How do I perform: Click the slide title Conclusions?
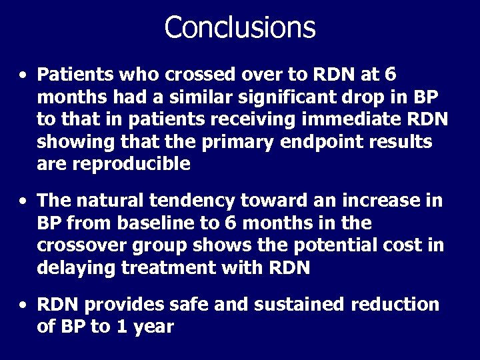pyautogui.click(x=239, y=27)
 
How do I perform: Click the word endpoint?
pyautogui.click(x=339, y=142)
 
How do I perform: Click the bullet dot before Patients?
pyautogui.click(x=23, y=75)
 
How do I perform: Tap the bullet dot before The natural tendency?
pyautogui.click(x=23, y=200)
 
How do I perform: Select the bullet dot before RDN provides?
pyautogui.click(x=23, y=305)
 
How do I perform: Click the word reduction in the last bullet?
pyautogui.click(x=393, y=305)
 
